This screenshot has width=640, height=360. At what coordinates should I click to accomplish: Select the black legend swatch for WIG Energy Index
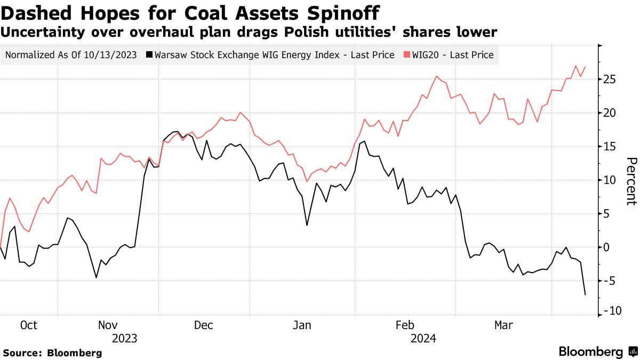point(149,54)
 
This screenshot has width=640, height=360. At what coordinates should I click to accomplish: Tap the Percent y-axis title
point(631,181)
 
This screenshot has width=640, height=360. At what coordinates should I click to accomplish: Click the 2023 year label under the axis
point(125,338)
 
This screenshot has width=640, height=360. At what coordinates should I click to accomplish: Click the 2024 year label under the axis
point(423,338)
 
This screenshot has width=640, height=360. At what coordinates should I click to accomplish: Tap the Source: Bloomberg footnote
point(52,353)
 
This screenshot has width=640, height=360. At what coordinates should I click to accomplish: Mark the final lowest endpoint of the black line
point(585,294)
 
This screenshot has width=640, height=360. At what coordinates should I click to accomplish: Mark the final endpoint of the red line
point(585,67)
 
